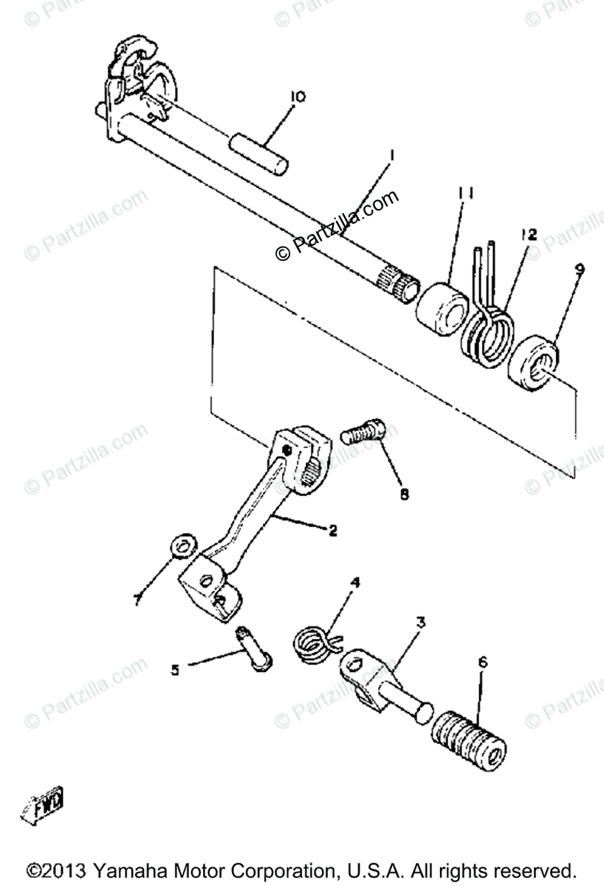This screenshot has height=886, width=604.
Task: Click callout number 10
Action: click(x=298, y=97)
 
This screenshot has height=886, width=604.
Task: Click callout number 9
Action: click(x=580, y=269)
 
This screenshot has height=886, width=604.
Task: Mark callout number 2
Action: click(x=333, y=530)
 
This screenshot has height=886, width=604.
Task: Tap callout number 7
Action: click(x=137, y=601)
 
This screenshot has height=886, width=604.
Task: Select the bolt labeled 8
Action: click(x=363, y=431)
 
